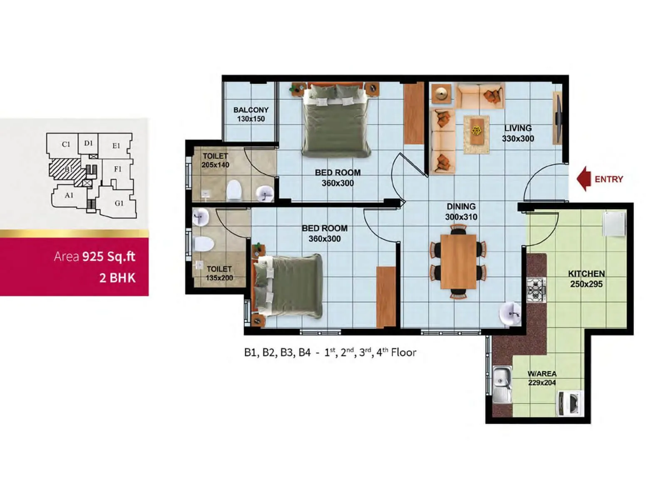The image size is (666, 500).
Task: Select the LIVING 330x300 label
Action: [518, 133]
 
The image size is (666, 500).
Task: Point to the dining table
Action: [458, 262]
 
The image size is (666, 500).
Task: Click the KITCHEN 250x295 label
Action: [586, 279]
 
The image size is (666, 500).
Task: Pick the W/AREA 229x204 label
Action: [542, 378]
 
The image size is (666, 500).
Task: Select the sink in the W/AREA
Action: [502, 384]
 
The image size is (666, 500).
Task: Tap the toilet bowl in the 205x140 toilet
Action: [234, 190]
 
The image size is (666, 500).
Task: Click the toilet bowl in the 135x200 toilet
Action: [204, 244]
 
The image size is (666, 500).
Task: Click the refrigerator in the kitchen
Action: [614, 224]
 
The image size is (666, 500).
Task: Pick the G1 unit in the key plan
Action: [119, 203]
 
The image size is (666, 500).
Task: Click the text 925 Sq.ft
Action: [109, 256]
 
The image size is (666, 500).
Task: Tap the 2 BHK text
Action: [117, 278]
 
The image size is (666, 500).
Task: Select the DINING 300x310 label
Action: [461, 212]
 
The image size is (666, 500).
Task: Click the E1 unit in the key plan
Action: [116, 145]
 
